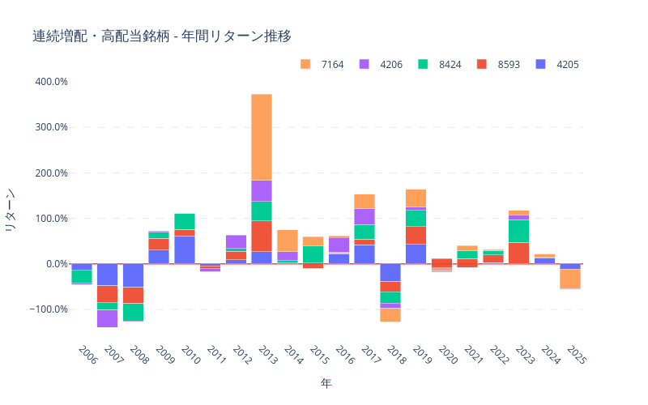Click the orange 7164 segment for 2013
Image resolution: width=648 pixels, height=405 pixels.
tap(262, 137)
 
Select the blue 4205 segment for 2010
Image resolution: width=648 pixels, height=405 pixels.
tap(185, 249)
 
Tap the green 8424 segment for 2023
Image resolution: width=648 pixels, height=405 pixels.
tap(518, 231)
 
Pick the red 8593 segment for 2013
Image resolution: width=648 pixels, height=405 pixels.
tap(262, 236)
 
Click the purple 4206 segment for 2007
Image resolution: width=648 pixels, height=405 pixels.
tap(107, 318)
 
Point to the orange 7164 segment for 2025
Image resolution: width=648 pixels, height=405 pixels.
tap(570, 278)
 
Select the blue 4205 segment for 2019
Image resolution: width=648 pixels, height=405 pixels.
tap(416, 254)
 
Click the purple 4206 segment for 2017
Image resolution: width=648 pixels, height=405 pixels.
tap(364, 216)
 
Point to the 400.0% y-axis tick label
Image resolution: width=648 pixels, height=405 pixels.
tap(49, 82)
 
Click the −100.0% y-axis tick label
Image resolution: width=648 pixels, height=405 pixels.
tap(48, 309)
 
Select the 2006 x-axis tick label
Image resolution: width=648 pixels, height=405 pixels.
tap(87, 354)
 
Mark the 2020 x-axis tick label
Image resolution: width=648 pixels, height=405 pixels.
tap(447, 354)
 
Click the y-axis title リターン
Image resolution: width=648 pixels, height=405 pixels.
tap(11, 211)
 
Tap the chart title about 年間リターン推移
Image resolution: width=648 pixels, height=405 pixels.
tap(162, 36)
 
